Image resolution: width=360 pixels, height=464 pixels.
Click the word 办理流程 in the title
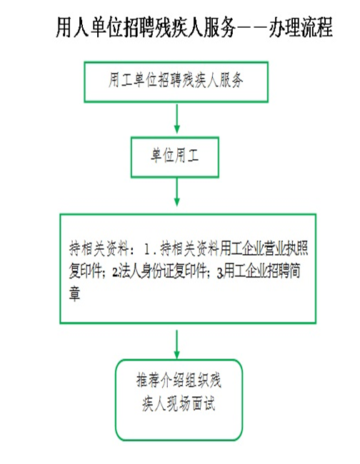pyautogui.click(x=301, y=27)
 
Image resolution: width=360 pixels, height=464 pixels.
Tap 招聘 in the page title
pyautogui.click(x=139, y=27)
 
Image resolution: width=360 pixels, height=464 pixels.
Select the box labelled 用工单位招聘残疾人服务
pyautogui.click(x=176, y=82)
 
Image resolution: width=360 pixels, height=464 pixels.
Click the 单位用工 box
pyautogui.click(x=175, y=157)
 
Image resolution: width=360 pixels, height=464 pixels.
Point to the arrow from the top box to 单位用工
pyautogui.click(x=176, y=118)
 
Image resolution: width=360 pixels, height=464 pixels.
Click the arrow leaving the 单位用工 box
pyautogui.click(x=176, y=192)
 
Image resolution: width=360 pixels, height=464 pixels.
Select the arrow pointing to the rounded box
pyautogui.click(x=176, y=344)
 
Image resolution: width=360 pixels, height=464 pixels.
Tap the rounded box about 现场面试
pyautogui.click(x=179, y=400)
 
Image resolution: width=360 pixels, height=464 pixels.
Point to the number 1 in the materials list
pyautogui.click(x=147, y=249)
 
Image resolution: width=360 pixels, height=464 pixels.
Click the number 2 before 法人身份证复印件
pyautogui.click(x=115, y=272)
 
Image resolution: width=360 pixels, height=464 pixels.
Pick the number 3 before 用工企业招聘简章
pyautogui.click(x=220, y=273)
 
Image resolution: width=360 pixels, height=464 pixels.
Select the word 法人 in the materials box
pyautogui.click(x=129, y=271)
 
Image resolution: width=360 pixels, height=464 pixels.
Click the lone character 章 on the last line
pyautogui.click(x=74, y=293)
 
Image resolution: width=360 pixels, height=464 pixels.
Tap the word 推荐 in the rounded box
pyautogui.click(x=148, y=380)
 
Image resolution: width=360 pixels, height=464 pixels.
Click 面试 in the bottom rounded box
pyautogui.click(x=204, y=403)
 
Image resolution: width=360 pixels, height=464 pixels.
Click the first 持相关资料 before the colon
pyautogui.click(x=99, y=248)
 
